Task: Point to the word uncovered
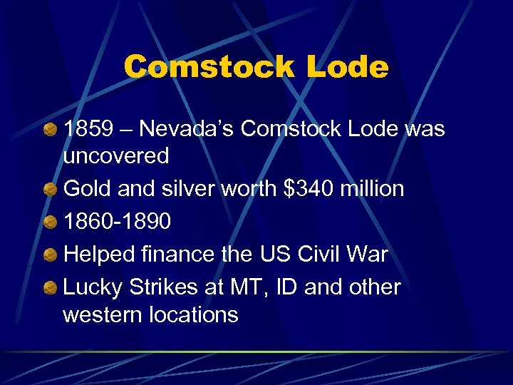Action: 116,156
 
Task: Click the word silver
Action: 187,189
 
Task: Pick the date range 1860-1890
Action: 118,222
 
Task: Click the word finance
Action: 166,255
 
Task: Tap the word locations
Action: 195,314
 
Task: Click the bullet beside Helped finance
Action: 50,255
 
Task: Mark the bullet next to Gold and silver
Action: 50,189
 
